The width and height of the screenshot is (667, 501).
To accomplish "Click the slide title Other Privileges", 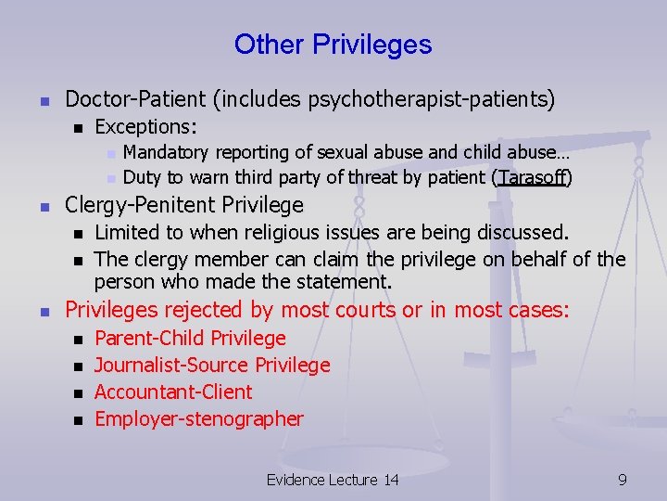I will point(333,45).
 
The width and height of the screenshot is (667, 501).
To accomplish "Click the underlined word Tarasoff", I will point(532,177).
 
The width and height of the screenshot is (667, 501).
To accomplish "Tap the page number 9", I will point(623,480).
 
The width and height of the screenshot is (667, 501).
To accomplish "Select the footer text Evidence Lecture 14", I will point(333,480).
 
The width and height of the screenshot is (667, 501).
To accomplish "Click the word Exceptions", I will point(148,125).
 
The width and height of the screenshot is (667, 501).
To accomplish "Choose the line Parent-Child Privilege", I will point(190,339).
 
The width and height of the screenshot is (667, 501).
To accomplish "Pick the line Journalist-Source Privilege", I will point(212,366).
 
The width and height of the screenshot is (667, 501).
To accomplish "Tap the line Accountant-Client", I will point(173,392).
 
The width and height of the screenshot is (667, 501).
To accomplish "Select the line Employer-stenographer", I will point(199,419).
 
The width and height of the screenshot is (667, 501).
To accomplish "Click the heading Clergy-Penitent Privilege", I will point(184,204).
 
